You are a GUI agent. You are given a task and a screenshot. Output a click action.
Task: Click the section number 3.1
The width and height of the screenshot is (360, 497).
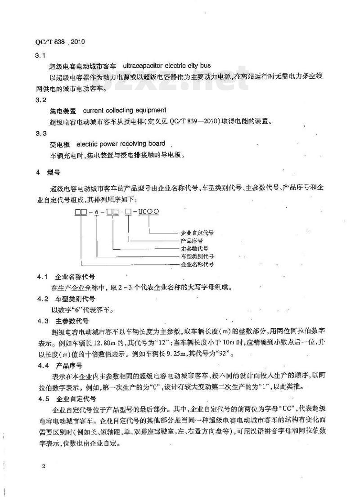[x=41, y=55]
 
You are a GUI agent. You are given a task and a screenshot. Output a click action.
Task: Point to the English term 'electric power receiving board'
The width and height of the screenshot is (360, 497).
[x=121, y=144]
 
